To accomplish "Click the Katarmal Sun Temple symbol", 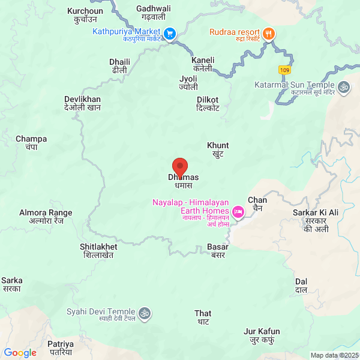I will click(345, 87).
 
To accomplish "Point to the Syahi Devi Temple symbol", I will click(144, 313).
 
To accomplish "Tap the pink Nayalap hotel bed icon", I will click(238, 212).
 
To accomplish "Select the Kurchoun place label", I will click(85, 15).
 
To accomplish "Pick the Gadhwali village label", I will click(154, 13).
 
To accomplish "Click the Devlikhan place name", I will click(83, 103).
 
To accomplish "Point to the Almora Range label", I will click(46, 216).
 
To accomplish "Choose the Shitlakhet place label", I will click(98, 250).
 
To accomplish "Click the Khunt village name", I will click(218, 149).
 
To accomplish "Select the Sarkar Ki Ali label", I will click(316, 220).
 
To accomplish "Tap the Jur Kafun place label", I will click(262, 335).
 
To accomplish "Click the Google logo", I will click(20, 353).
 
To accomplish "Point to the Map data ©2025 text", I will click(334, 355).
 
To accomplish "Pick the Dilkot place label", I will click(208, 103).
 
